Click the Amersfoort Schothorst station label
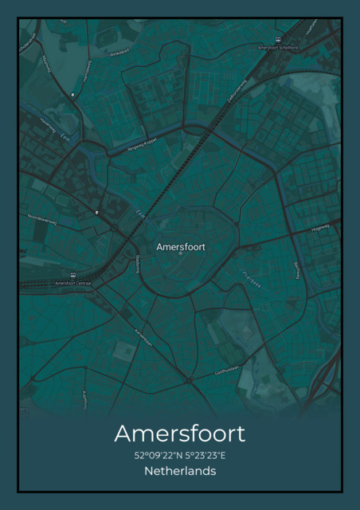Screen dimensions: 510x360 pyautogui.click(x=278, y=48)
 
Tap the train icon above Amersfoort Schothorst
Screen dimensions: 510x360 pyautogui.click(x=278, y=40)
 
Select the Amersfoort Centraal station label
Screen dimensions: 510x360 pyautogui.click(x=73, y=283)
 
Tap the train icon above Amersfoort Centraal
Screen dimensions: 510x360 pyautogui.click(x=73, y=276)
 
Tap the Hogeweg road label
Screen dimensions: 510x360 pyautogui.click(x=320, y=226)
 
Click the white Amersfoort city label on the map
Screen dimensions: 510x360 pyautogui.click(x=181, y=247)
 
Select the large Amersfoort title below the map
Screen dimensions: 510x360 pyautogui.click(x=180, y=433)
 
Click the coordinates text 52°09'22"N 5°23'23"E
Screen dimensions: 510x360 pyautogui.click(x=180, y=456)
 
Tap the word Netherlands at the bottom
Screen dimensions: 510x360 pyautogui.click(x=180, y=472)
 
